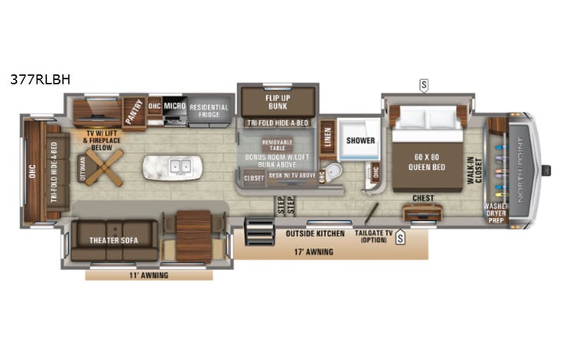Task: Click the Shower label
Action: pos(360,140)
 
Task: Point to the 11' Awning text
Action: pos(149,275)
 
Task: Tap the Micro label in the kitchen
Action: pos(174,106)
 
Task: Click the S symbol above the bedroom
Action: pos(423,84)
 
